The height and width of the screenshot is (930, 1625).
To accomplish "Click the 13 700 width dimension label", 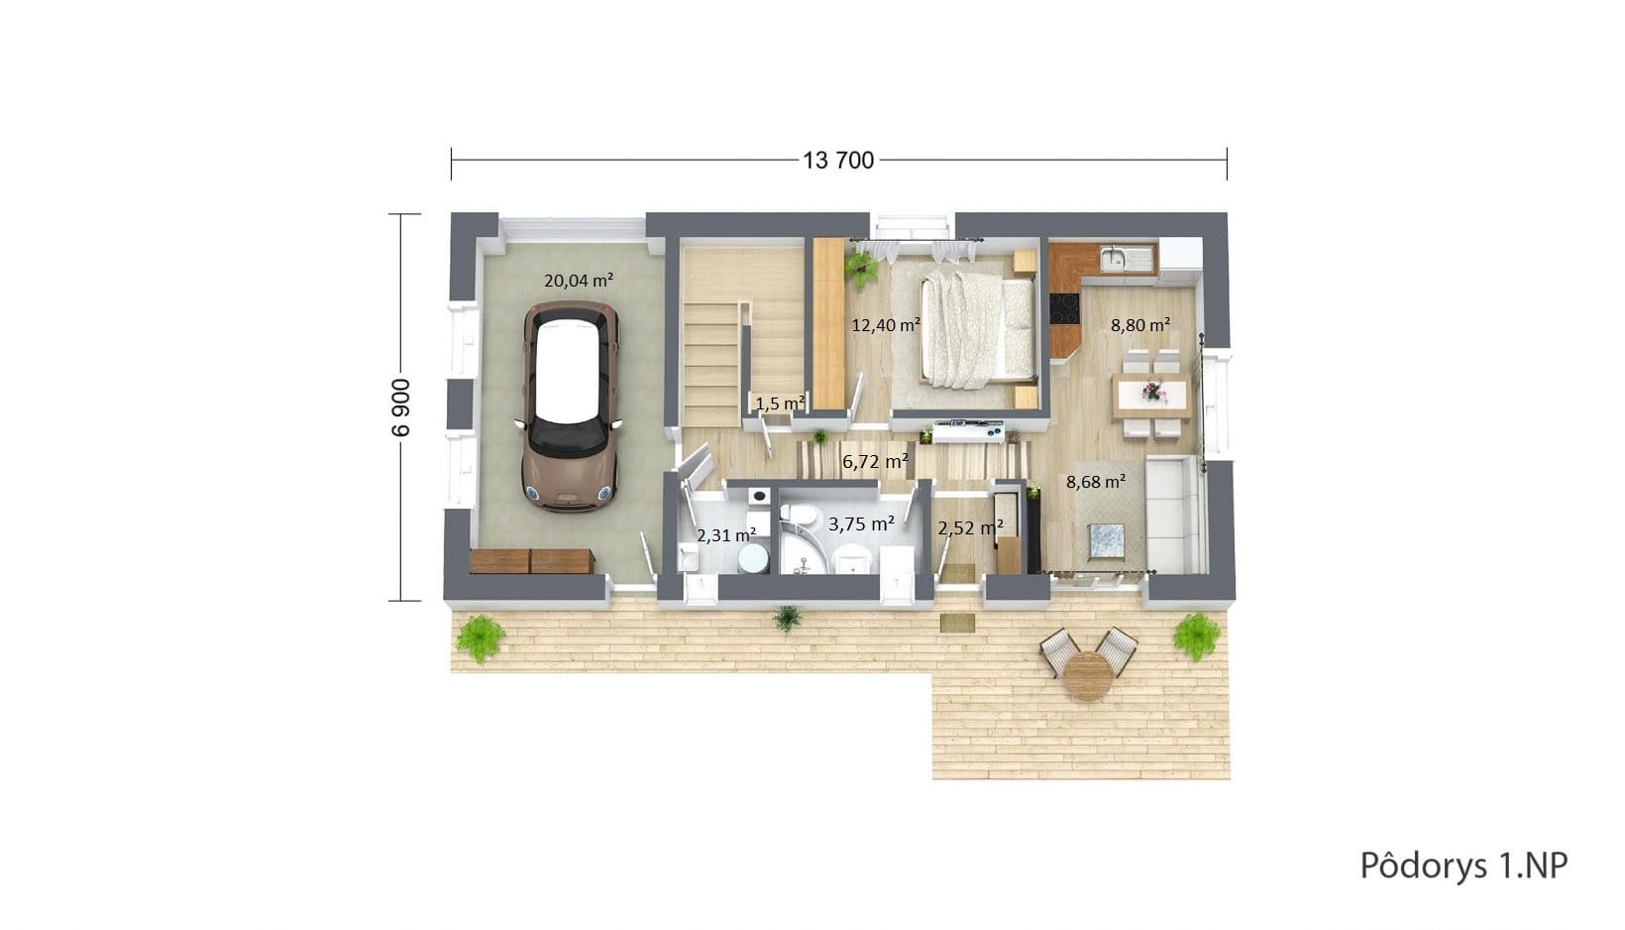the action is click(x=838, y=160).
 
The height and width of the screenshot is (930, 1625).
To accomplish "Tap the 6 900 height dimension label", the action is click(x=400, y=407).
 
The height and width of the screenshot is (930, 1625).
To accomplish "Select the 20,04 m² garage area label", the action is click(x=579, y=280).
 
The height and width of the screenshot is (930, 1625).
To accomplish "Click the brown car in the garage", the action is click(x=571, y=406).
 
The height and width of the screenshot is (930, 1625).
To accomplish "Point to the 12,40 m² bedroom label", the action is click(x=886, y=324).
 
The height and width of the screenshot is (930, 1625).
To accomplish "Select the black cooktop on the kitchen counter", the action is click(x=1064, y=307).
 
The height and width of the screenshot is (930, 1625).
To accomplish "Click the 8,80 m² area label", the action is click(x=1140, y=324).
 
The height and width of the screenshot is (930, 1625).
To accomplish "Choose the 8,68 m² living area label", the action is click(x=1096, y=481).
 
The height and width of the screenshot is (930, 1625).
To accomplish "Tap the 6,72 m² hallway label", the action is click(x=875, y=461).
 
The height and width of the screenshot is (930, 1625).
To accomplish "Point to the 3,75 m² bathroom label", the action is click(x=861, y=523).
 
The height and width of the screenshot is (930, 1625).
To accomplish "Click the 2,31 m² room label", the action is click(x=726, y=535).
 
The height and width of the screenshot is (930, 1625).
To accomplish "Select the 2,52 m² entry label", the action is click(x=971, y=527).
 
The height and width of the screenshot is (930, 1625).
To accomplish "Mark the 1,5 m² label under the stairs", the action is click(x=781, y=403).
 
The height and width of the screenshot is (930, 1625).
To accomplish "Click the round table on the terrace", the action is click(x=1087, y=676).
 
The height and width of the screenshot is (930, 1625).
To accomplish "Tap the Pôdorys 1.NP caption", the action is click(x=1463, y=866).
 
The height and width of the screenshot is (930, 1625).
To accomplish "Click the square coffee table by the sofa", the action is click(x=1107, y=541).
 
